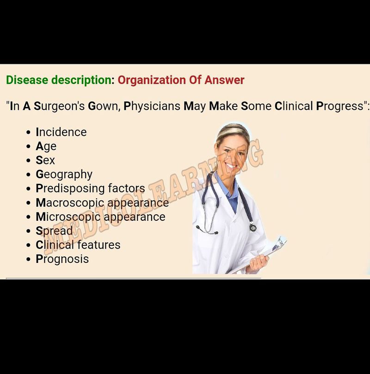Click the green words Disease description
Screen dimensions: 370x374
point(58,80)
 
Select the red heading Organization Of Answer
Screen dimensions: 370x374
point(181,80)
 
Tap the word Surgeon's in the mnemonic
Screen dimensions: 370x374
point(59,106)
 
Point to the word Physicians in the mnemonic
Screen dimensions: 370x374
point(152,106)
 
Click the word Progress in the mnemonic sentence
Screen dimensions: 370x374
point(340,106)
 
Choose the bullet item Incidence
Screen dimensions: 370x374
point(61,132)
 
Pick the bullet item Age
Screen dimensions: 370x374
point(46,146)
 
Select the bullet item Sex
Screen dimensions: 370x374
point(45,160)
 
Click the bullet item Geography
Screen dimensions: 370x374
point(64,175)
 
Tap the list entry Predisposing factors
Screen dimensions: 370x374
point(90,188)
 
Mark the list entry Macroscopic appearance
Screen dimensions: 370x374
point(102,203)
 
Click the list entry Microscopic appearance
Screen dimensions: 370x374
point(100,217)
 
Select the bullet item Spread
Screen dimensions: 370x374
point(54,231)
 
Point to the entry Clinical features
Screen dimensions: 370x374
point(78,245)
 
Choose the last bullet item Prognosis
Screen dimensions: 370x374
point(62,259)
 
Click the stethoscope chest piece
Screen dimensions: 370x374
point(253,228)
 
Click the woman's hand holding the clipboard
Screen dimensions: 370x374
point(258,263)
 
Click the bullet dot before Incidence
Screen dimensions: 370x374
point(29,132)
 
